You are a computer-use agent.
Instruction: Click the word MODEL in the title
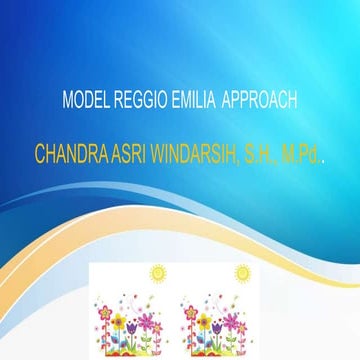click(x=83, y=102)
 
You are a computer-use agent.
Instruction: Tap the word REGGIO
click(x=137, y=102)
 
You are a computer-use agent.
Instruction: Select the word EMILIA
click(x=191, y=102)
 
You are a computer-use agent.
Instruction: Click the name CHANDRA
click(x=70, y=157)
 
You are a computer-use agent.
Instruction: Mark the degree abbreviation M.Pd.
click(x=300, y=157)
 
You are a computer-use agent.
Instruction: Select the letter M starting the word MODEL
click(x=67, y=102)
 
